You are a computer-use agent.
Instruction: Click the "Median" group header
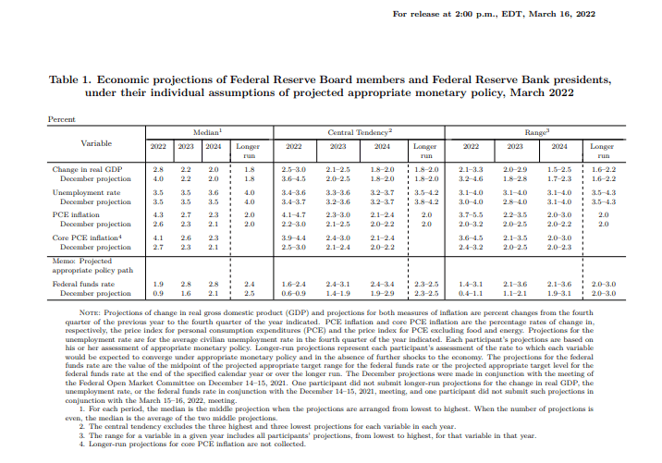[204, 133]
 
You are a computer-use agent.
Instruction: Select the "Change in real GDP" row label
[88, 170]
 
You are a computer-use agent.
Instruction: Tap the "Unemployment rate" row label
[86, 192]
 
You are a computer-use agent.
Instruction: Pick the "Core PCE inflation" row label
[87, 238]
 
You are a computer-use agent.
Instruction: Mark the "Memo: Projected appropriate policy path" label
[89, 264]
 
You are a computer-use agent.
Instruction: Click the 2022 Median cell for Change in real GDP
[157, 170]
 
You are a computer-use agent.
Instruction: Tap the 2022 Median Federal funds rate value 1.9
[157, 283]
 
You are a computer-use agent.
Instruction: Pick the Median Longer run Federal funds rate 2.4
[248, 283]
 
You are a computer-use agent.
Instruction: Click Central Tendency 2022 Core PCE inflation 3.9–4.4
[293, 238]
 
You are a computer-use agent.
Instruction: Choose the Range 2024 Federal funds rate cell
[559, 283]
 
